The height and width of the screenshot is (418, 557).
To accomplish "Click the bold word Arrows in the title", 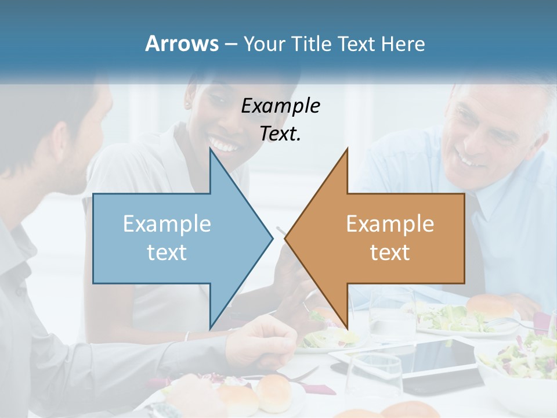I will click(182, 44).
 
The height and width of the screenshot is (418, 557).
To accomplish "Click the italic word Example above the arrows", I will click(281, 106).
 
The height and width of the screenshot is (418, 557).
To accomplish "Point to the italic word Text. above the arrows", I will click(281, 134).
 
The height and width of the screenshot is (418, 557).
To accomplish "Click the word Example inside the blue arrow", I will click(167, 224).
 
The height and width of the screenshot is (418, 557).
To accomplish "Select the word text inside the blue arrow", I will click(167, 252).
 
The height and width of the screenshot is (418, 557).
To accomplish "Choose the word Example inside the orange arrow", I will click(390, 224).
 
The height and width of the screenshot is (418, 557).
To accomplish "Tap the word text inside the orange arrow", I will click(390, 252).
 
